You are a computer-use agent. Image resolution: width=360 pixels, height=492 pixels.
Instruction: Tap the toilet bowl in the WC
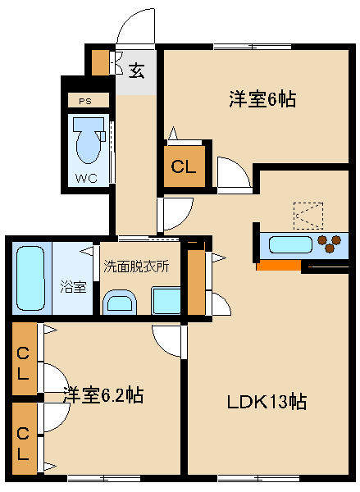point(89,141)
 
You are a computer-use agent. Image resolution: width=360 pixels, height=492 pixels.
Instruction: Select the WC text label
point(86,178)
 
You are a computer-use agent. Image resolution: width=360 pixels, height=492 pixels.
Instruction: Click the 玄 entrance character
point(136,71)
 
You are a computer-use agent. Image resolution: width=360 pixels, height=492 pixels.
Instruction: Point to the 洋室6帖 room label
point(262,99)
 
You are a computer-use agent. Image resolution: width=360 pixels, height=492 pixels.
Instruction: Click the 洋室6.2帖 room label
point(103,394)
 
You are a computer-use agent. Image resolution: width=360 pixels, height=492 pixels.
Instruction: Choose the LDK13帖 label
point(267,402)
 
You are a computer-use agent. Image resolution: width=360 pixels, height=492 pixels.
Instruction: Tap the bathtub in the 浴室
point(30,278)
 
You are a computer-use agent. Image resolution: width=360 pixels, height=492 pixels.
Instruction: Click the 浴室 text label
point(73,287)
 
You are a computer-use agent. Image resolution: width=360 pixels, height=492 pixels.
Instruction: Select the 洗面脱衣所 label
point(136,266)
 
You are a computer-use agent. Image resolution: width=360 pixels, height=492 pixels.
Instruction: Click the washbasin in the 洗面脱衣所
point(120,302)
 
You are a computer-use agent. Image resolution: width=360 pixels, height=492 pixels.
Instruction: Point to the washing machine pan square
point(166,300)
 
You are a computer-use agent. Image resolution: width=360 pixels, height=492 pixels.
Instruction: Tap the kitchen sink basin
point(291,244)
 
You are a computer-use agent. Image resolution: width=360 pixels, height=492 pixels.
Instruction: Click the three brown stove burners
point(329,244)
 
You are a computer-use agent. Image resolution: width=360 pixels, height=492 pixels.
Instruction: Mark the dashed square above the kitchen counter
point(308,216)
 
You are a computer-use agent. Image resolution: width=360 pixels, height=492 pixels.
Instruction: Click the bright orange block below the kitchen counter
point(279,265)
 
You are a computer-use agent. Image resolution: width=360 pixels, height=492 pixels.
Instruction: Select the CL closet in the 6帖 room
point(185,166)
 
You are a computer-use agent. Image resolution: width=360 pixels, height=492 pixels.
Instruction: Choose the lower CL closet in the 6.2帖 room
point(25,439)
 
